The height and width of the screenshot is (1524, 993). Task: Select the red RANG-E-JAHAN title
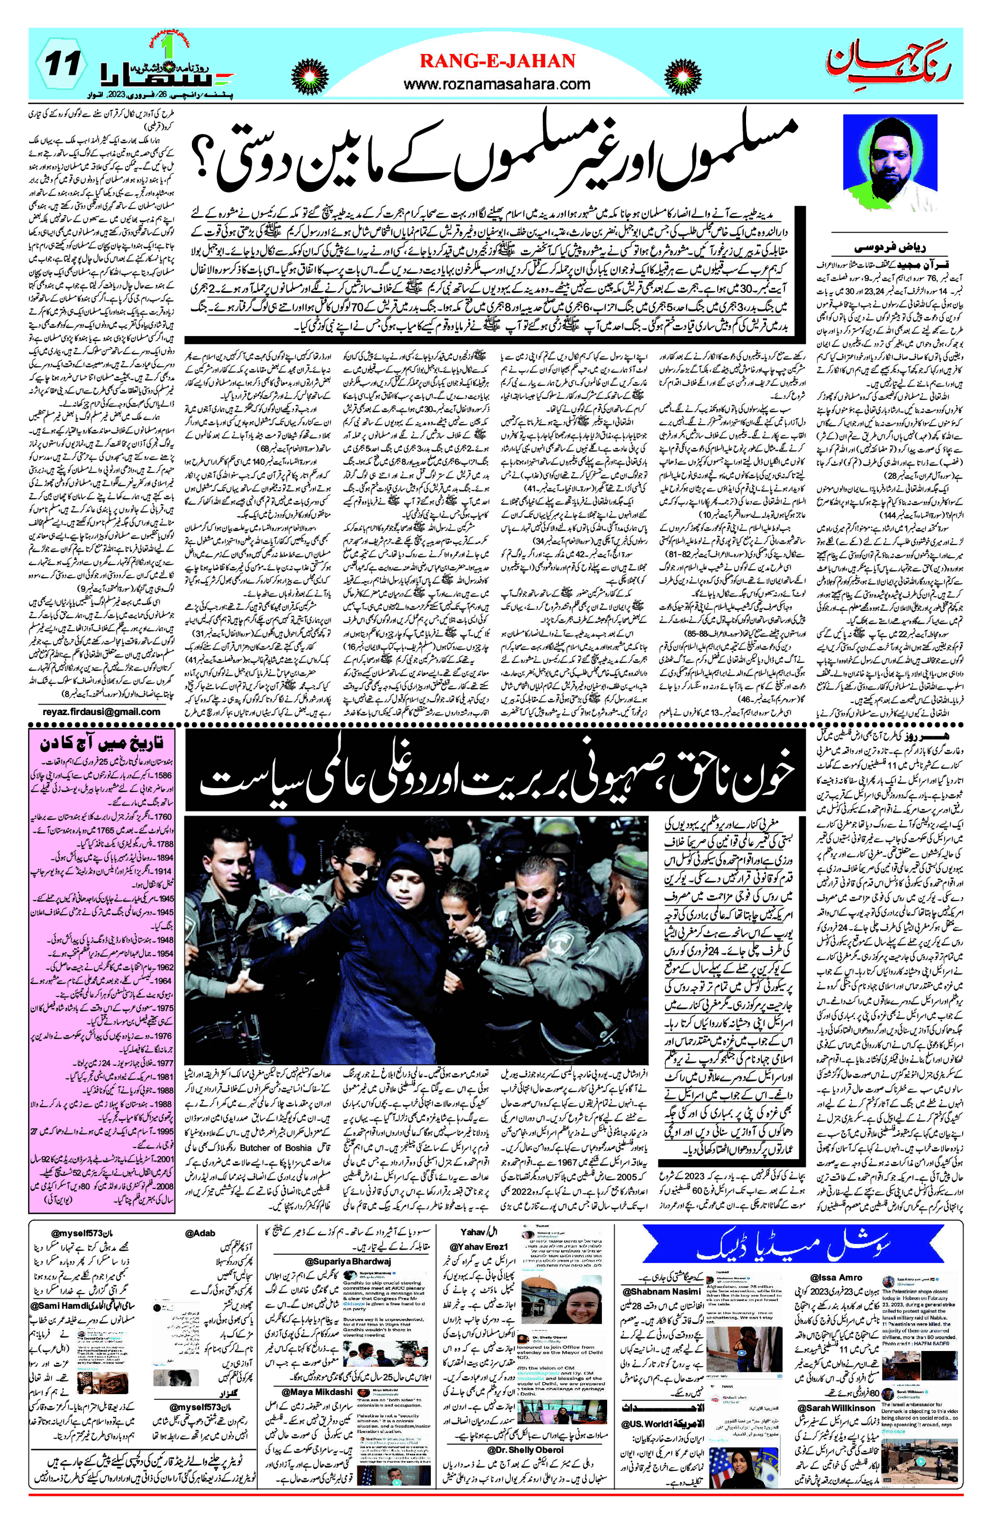coord(497,61)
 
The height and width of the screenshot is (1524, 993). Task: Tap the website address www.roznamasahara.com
coord(497,83)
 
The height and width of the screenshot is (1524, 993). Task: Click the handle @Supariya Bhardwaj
coord(348,1261)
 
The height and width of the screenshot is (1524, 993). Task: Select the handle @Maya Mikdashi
coord(317,1391)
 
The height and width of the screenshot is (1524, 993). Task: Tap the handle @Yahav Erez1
coord(479,1247)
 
